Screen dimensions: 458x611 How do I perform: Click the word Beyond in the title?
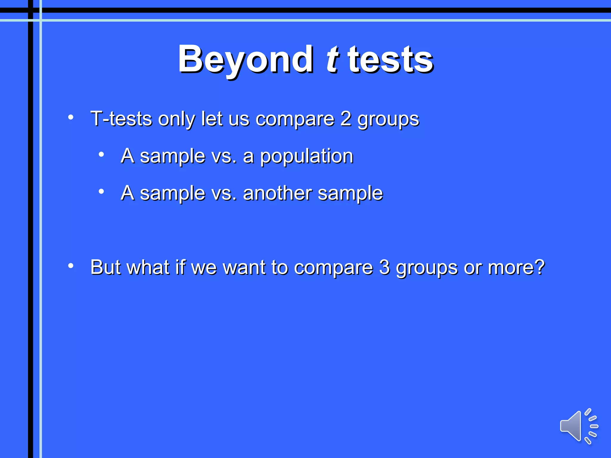(x=245, y=60)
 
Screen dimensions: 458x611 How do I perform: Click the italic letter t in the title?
(x=332, y=60)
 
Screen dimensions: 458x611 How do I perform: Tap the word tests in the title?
(x=390, y=60)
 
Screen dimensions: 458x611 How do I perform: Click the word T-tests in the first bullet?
(x=121, y=119)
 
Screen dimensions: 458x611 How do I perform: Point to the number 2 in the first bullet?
(x=345, y=119)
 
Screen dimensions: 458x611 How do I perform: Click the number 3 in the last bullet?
(x=385, y=267)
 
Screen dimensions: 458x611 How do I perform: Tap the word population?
(x=306, y=156)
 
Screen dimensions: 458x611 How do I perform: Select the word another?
(x=277, y=193)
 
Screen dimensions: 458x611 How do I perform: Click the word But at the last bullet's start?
(x=106, y=267)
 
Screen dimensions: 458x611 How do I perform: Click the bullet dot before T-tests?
(x=71, y=117)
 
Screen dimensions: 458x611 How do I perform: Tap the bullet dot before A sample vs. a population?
(x=101, y=154)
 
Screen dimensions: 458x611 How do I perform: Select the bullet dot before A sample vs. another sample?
(x=101, y=191)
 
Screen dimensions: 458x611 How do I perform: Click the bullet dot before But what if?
(x=71, y=265)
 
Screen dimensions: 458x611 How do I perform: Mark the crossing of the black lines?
(x=31, y=10)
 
